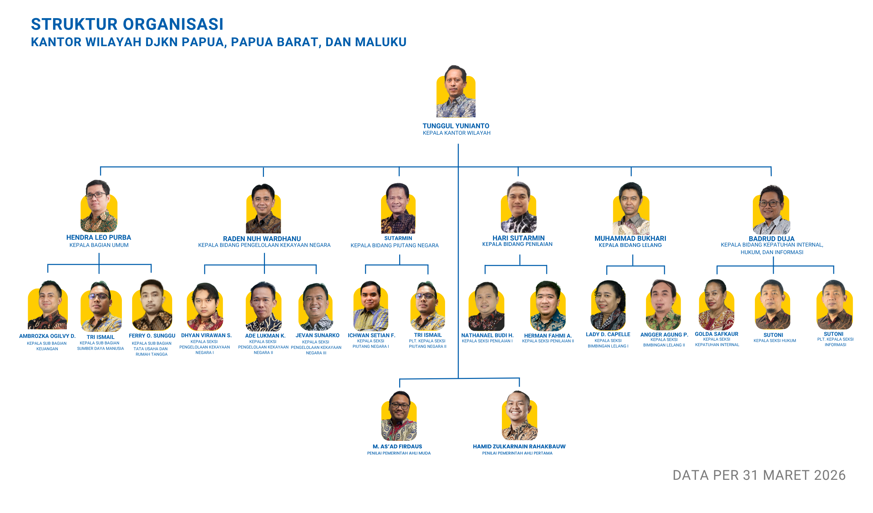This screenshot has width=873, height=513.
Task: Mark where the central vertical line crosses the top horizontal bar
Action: (458, 167)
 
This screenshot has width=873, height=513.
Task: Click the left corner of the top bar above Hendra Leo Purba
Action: (101, 167)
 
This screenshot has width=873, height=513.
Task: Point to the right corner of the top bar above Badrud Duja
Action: (771, 167)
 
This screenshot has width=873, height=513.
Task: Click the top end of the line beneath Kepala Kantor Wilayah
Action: (458, 144)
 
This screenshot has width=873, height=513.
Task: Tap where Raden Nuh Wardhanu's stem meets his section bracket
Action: (264, 265)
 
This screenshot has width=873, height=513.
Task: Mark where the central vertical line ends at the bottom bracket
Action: (458, 378)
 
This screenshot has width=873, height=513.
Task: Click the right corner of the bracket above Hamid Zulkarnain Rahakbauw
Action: (519, 378)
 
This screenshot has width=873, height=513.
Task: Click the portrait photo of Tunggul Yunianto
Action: (456, 91)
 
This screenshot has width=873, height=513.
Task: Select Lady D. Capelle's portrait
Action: (608, 305)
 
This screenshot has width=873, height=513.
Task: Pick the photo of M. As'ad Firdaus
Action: (399, 416)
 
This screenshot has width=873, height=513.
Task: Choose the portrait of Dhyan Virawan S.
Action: (205, 307)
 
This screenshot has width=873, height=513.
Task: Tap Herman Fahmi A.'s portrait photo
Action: (548, 306)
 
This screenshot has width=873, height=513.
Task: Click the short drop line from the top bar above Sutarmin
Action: (399, 171)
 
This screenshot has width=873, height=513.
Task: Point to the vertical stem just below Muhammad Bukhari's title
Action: (633, 260)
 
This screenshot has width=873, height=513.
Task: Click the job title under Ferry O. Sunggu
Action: (152, 349)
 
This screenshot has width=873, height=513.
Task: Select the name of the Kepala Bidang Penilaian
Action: (519, 238)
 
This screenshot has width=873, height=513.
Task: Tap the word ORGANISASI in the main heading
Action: (173, 24)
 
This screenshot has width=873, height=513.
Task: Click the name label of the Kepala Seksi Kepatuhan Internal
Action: (717, 334)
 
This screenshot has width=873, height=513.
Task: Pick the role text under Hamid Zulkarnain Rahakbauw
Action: (517, 453)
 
